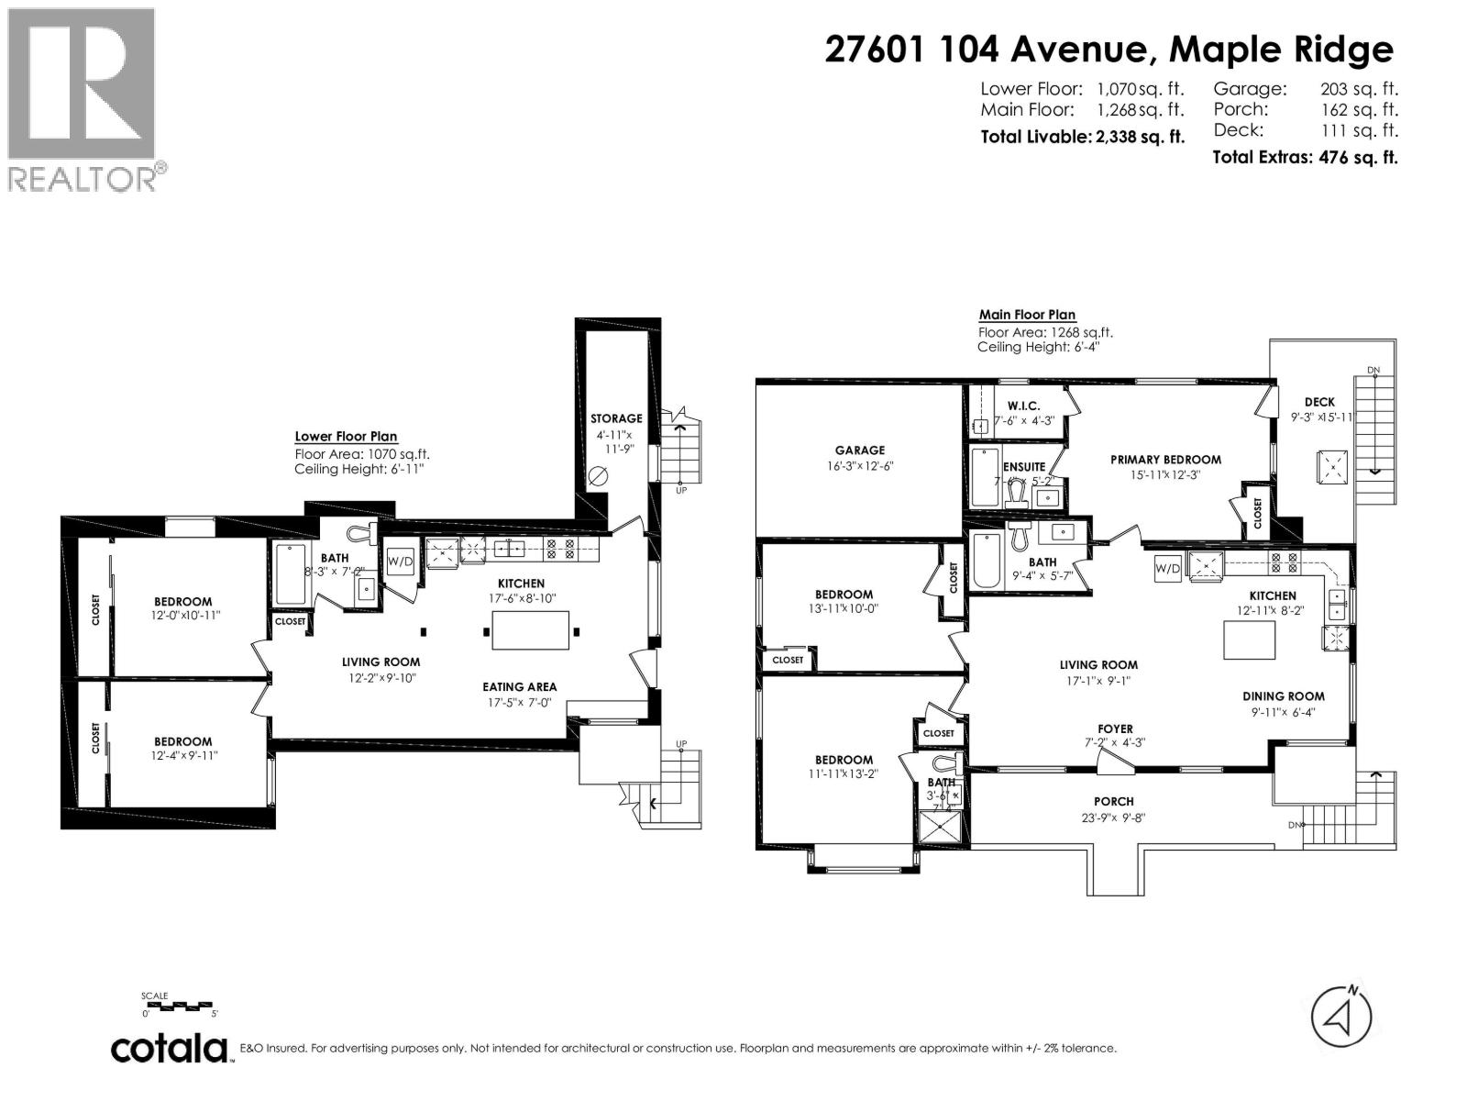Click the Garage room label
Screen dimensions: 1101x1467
tap(859, 450)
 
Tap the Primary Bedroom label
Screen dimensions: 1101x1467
tap(1165, 460)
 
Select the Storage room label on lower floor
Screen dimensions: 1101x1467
tap(616, 418)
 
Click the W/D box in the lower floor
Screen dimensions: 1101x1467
tap(400, 561)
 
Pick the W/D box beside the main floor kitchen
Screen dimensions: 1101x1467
tap(1167, 568)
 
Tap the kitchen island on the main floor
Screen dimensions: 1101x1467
tap(1249, 639)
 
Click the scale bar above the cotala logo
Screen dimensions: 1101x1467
tap(182, 1006)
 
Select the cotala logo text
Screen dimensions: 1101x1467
tap(170, 1048)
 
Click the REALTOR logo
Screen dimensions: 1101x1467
tap(82, 98)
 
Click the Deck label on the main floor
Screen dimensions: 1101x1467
tap(1319, 402)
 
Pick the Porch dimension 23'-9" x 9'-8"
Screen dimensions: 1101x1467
tap(1114, 818)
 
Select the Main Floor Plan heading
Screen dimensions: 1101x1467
tap(1027, 315)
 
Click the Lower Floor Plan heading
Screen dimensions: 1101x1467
tap(346, 437)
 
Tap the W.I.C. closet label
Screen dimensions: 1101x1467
tap(1023, 406)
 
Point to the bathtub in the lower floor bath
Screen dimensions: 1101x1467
tap(291, 574)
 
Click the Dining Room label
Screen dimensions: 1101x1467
tap(1283, 696)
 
